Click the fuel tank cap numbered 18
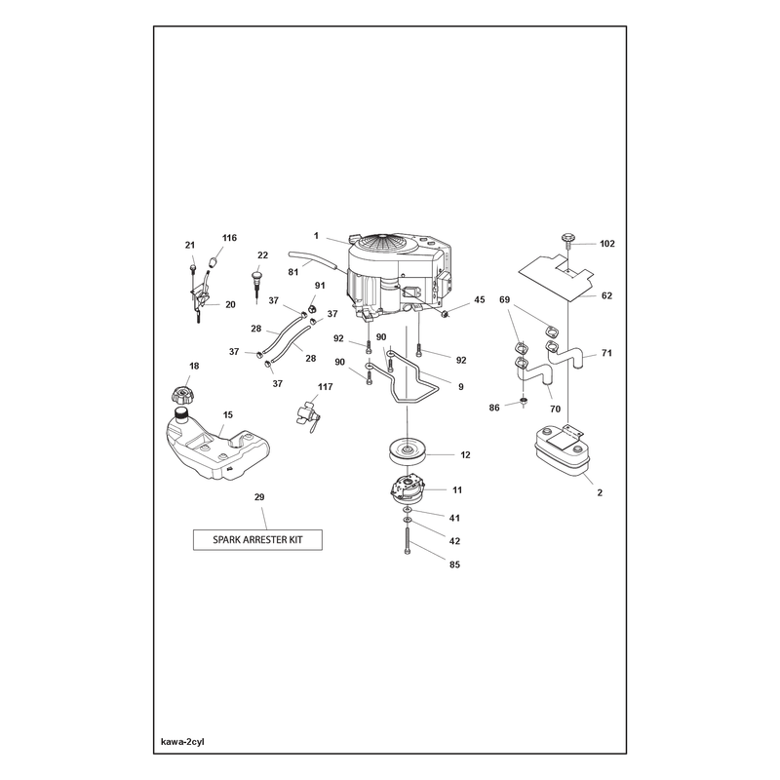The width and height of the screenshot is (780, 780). click(x=181, y=396)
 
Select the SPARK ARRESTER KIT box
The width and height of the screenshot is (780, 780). click(x=257, y=540)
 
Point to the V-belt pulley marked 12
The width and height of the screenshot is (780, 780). click(x=409, y=450)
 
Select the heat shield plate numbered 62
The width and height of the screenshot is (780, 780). click(x=556, y=277)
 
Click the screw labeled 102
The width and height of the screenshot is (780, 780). click(x=567, y=241)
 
